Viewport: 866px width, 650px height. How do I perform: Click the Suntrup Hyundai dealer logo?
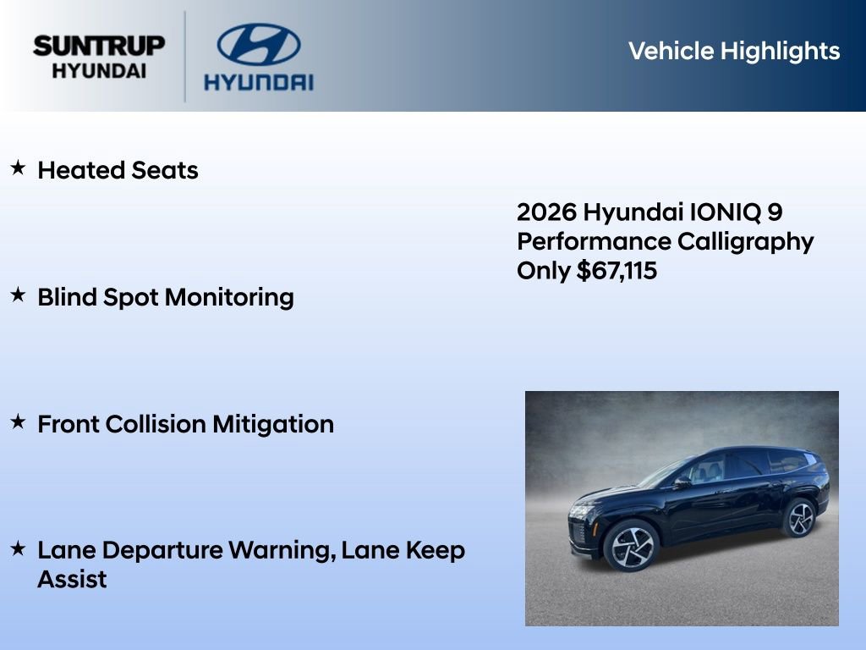pyautogui.click(x=99, y=57)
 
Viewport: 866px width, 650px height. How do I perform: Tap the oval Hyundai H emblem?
pyautogui.click(x=258, y=44)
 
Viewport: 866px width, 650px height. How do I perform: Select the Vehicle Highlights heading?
pyautogui.click(x=734, y=51)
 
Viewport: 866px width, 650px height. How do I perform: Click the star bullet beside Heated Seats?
pyautogui.click(x=18, y=168)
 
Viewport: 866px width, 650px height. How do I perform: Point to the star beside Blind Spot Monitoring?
pyautogui.click(x=18, y=295)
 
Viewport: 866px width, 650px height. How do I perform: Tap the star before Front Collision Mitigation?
pyautogui.click(x=18, y=422)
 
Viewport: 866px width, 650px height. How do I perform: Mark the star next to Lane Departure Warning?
pyautogui.click(x=18, y=549)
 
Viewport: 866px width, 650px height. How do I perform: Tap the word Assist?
pyautogui.click(x=72, y=580)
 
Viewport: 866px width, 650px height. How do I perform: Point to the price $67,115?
pyautogui.click(x=617, y=271)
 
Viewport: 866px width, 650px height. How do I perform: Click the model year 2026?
pyautogui.click(x=546, y=212)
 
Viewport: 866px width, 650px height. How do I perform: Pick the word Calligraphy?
pyautogui.click(x=746, y=241)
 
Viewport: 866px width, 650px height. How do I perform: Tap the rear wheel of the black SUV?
pyautogui.click(x=798, y=517)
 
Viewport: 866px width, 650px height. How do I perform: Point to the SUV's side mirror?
pyautogui.click(x=682, y=482)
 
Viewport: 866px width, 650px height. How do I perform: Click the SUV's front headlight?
pyautogui.click(x=583, y=511)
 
